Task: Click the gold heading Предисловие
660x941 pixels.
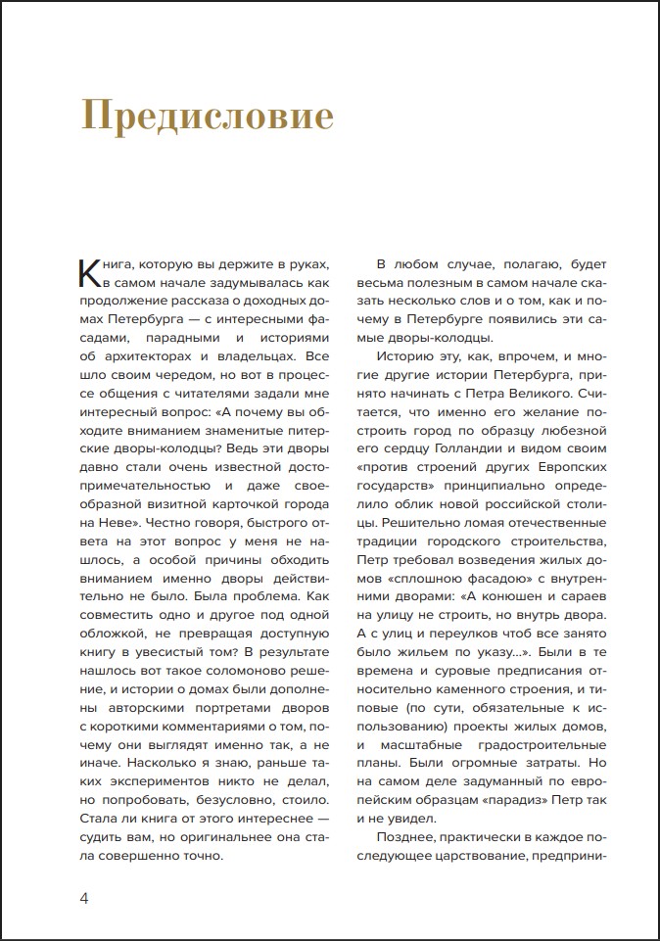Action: (x=207, y=117)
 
